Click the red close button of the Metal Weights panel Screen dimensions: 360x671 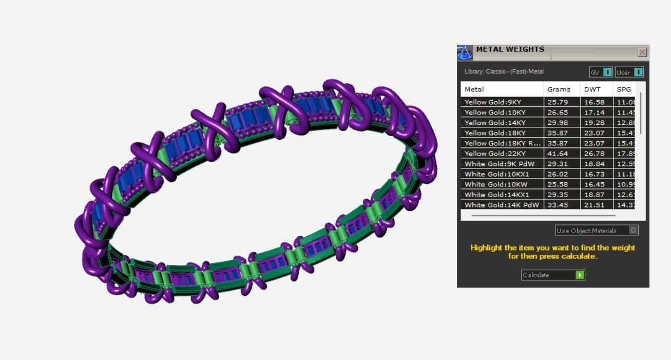click(642, 52)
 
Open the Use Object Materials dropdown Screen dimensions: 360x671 click(597, 231)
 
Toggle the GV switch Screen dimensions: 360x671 click(601, 72)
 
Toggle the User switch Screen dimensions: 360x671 click(629, 72)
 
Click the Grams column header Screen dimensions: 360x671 click(559, 89)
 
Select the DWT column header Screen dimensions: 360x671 click(592, 89)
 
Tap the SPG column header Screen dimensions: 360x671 click(624, 89)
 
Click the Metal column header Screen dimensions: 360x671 click(474, 89)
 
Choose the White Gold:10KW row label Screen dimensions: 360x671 click(489, 184)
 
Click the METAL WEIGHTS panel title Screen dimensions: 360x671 click(510, 50)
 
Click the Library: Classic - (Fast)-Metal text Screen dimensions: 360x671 click(504, 72)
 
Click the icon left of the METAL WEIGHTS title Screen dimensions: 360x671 click(464, 52)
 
